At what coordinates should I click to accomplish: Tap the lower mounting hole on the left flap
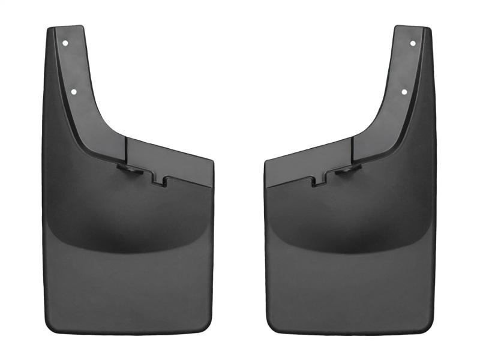74,92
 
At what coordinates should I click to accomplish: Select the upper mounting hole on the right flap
413,43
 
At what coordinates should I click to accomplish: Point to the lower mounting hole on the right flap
404,92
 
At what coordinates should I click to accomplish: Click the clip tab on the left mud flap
130,171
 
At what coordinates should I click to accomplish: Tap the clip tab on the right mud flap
346,171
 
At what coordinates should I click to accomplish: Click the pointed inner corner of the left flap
211,161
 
